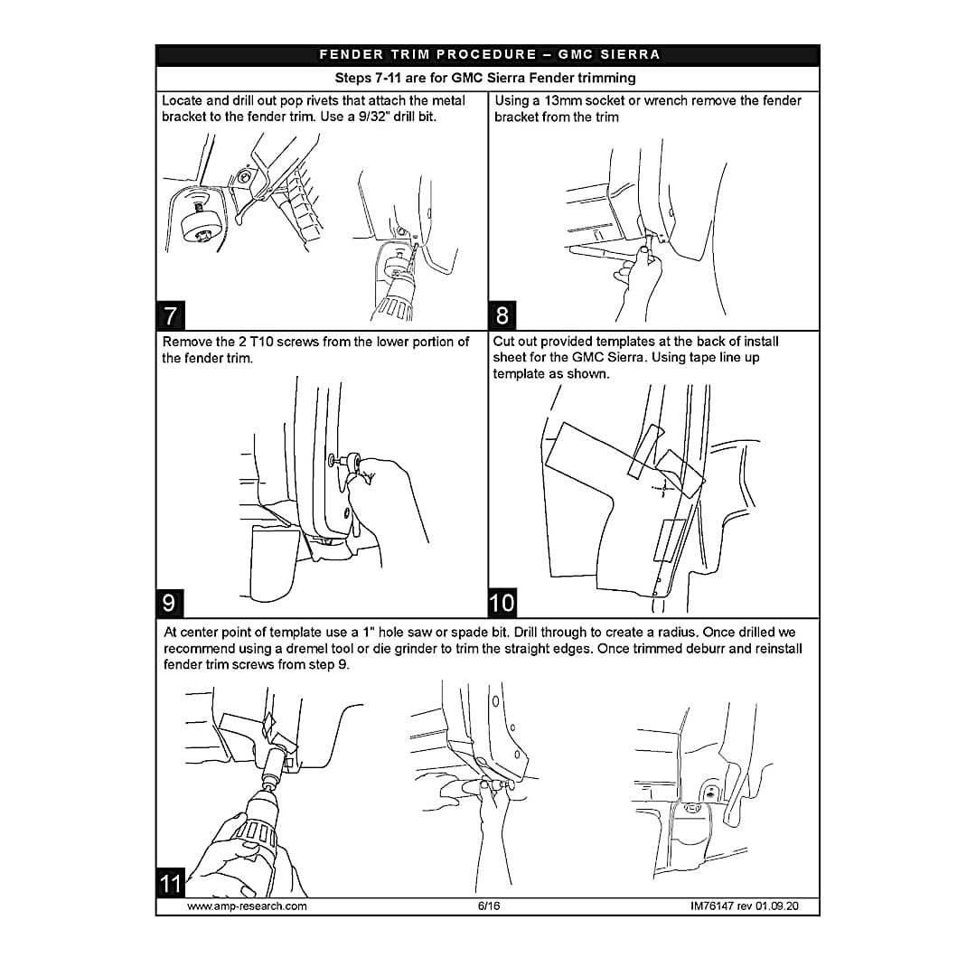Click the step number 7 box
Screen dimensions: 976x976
pos(170,315)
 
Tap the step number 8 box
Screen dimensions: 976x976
pos(502,315)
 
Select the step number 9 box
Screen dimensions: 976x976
pos(170,603)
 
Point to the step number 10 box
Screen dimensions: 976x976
pos(502,603)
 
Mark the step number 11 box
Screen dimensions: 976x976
pos(171,883)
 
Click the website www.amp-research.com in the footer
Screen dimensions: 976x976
pos(247,906)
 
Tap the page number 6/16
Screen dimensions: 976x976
pos(489,906)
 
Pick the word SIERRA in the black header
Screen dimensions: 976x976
pos(630,55)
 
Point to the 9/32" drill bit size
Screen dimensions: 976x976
pos(375,117)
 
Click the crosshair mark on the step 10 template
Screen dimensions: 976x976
pos(663,489)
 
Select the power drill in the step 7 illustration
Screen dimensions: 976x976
pos(393,287)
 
